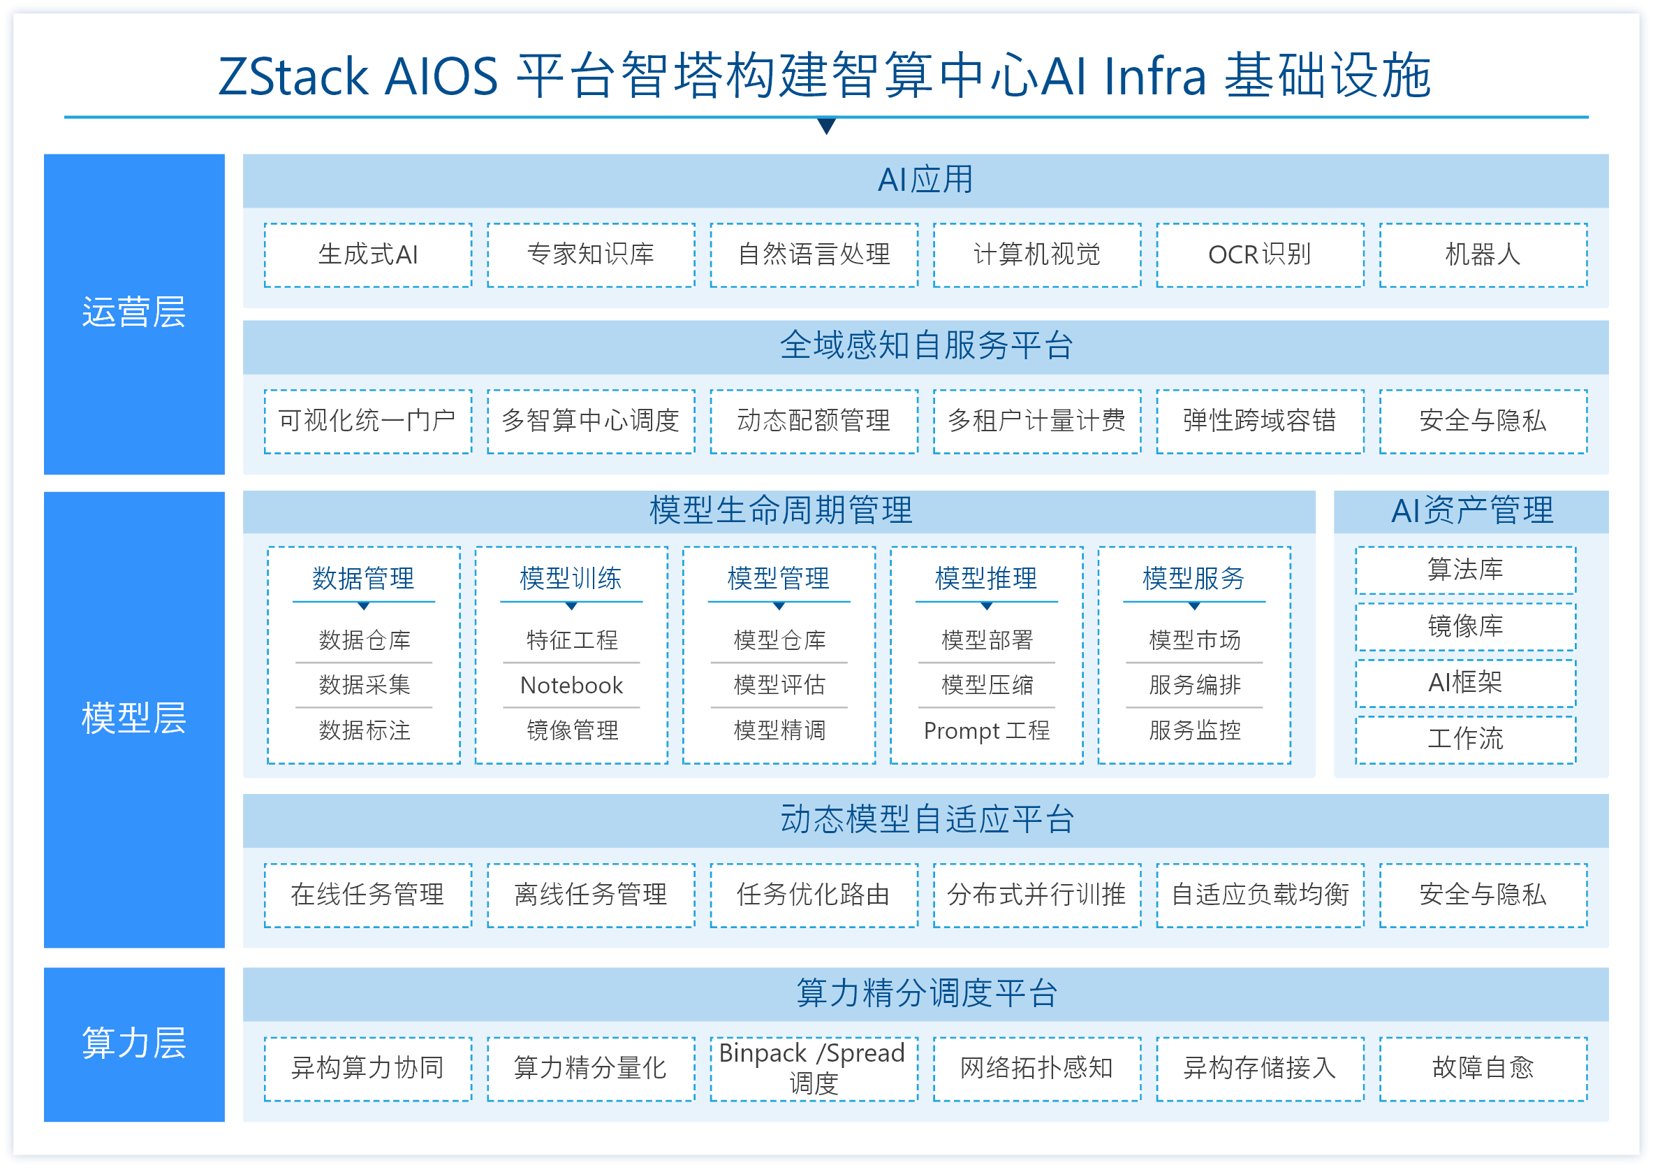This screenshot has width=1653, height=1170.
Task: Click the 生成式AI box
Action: (x=368, y=255)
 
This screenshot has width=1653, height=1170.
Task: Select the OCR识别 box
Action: (x=1260, y=255)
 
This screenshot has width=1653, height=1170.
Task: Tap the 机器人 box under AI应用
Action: (x=1483, y=255)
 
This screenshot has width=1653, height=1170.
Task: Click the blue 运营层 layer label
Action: (x=134, y=313)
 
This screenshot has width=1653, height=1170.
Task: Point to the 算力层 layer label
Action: (x=134, y=1044)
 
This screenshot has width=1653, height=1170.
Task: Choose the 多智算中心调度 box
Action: (x=590, y=421)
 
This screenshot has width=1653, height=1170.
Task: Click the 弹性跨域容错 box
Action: (x=1260, y=421)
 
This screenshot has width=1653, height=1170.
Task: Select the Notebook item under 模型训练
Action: (x=572, y=685)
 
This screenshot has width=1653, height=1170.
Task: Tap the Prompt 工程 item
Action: (x=986, y=730)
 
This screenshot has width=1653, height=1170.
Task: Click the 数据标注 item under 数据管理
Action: (x=365, y=730)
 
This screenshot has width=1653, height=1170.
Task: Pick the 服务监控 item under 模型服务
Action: (x=1194, y=730)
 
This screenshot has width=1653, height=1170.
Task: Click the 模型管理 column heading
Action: (x=778, y=579)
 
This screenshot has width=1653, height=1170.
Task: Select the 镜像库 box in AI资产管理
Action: (x=1465, y=626)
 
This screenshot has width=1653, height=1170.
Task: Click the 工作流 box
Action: (x=1465, y=739)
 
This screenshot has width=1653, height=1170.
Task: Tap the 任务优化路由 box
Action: (x=814, y=895)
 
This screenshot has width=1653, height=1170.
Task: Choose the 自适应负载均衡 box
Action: (x=1260, y=895)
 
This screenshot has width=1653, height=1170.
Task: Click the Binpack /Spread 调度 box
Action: (x=814, y=1069)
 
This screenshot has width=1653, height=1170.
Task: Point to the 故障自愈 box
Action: (x=1483, y=1069)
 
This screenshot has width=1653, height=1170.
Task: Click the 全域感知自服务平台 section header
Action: (x=925, y=346)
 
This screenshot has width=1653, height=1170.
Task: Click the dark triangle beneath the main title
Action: (x=827, y=126)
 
